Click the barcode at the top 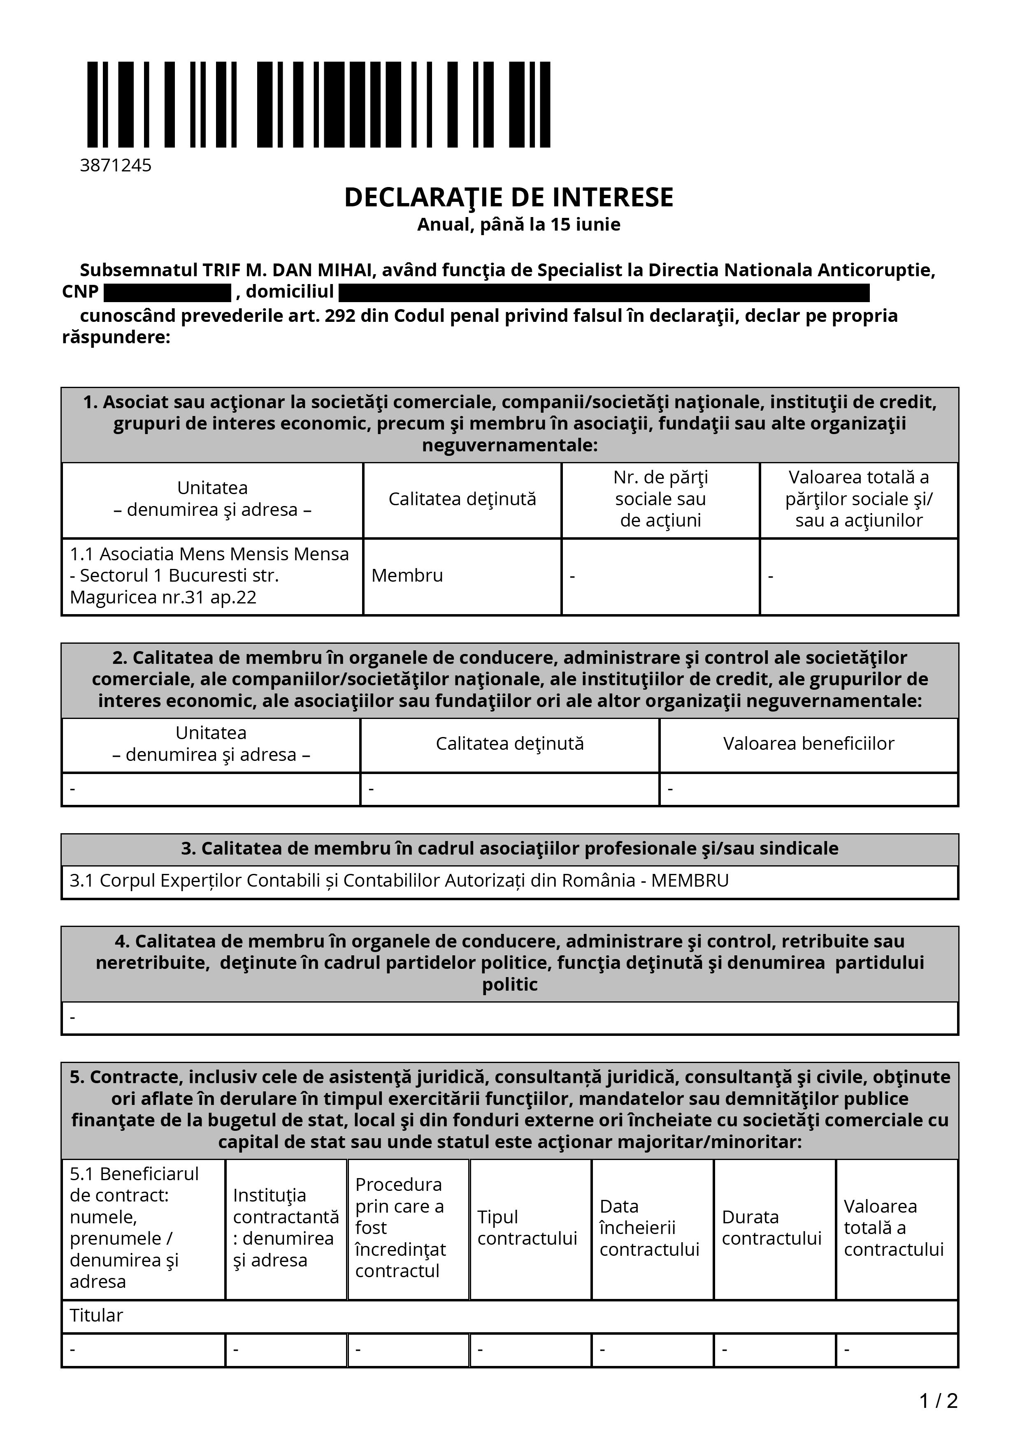coord(318,104)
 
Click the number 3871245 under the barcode coord(116,165)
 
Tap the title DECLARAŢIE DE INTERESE coord(509,197)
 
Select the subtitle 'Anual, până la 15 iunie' coord(518,225)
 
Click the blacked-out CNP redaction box coord(167,293)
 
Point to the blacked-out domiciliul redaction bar coord(603,293)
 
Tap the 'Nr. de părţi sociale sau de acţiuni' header coord(660,499)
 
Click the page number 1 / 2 coord(938,1401)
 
